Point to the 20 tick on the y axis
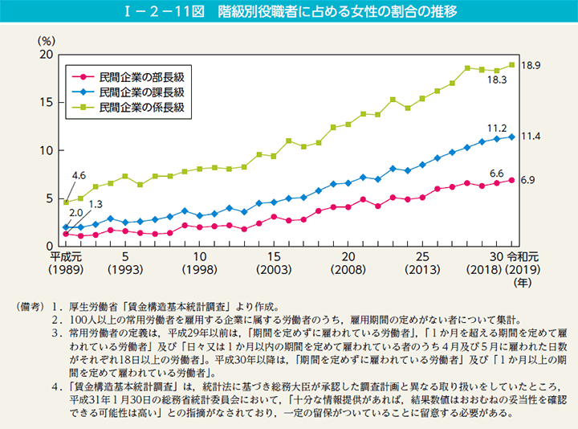(x=47, y=55)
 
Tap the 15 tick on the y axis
(x=47, y=103)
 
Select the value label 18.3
(x=498, y=81)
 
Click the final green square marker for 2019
(x=511, y=65)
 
